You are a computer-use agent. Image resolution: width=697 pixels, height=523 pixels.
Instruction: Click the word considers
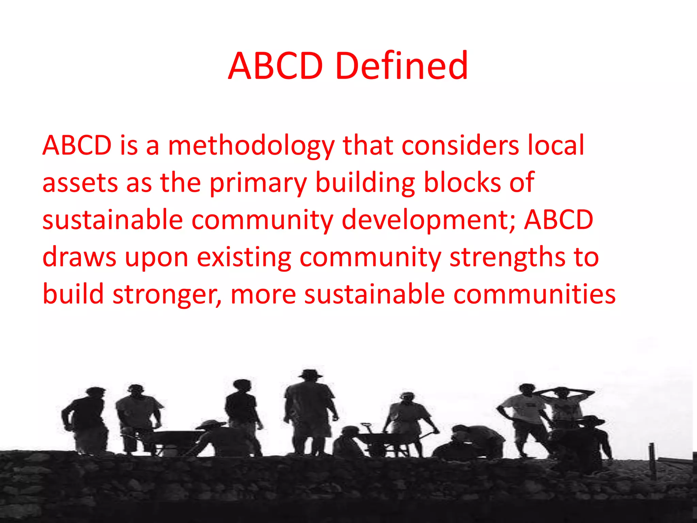[x=460, y=145]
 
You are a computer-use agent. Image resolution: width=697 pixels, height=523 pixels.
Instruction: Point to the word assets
[x=80, y=183]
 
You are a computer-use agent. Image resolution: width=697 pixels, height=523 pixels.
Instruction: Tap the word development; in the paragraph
[x=429, y=221]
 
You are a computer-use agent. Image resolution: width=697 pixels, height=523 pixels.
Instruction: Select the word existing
[x=244, y=258]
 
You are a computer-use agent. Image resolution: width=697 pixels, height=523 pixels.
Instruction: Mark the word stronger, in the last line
[x=167, y=295]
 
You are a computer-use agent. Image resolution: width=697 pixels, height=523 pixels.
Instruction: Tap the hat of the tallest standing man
[x=310, y=374]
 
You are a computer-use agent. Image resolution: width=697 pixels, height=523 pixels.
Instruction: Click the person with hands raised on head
[x=565, y=405]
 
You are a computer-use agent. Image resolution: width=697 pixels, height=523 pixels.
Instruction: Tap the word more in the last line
[x=263, y=295]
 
